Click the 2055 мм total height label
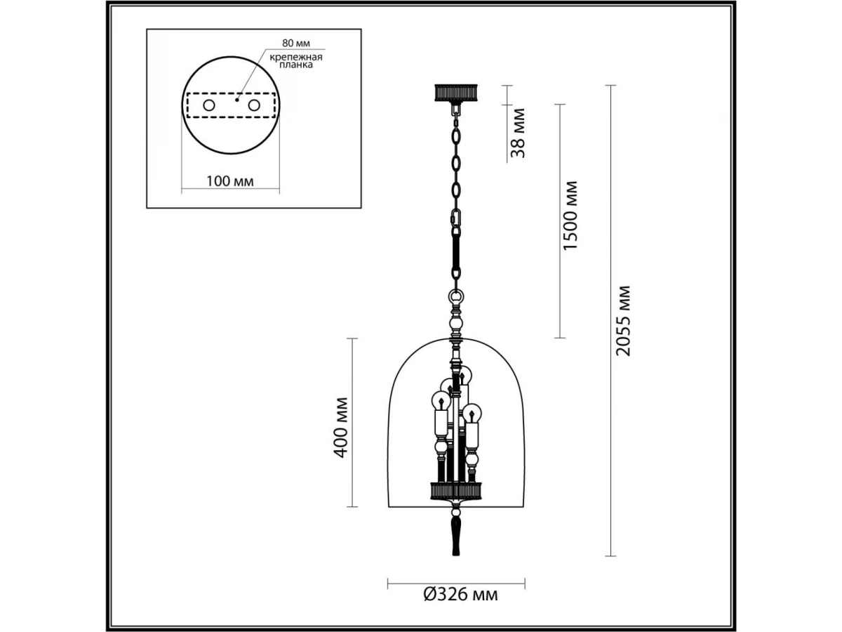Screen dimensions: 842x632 click(x=622, y=321)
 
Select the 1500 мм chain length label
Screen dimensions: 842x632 click(x=570, y=216)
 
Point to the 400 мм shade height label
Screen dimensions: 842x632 click(x=340, y=428)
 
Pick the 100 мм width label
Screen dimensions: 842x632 click(x=229, y=181)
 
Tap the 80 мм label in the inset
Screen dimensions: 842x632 click(x=296, y=43)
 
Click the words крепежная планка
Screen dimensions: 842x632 click(x=296, y=61)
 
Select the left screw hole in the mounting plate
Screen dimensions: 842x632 click(x=208, y=105)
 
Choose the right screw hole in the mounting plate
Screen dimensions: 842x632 click(x=254, y=105)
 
